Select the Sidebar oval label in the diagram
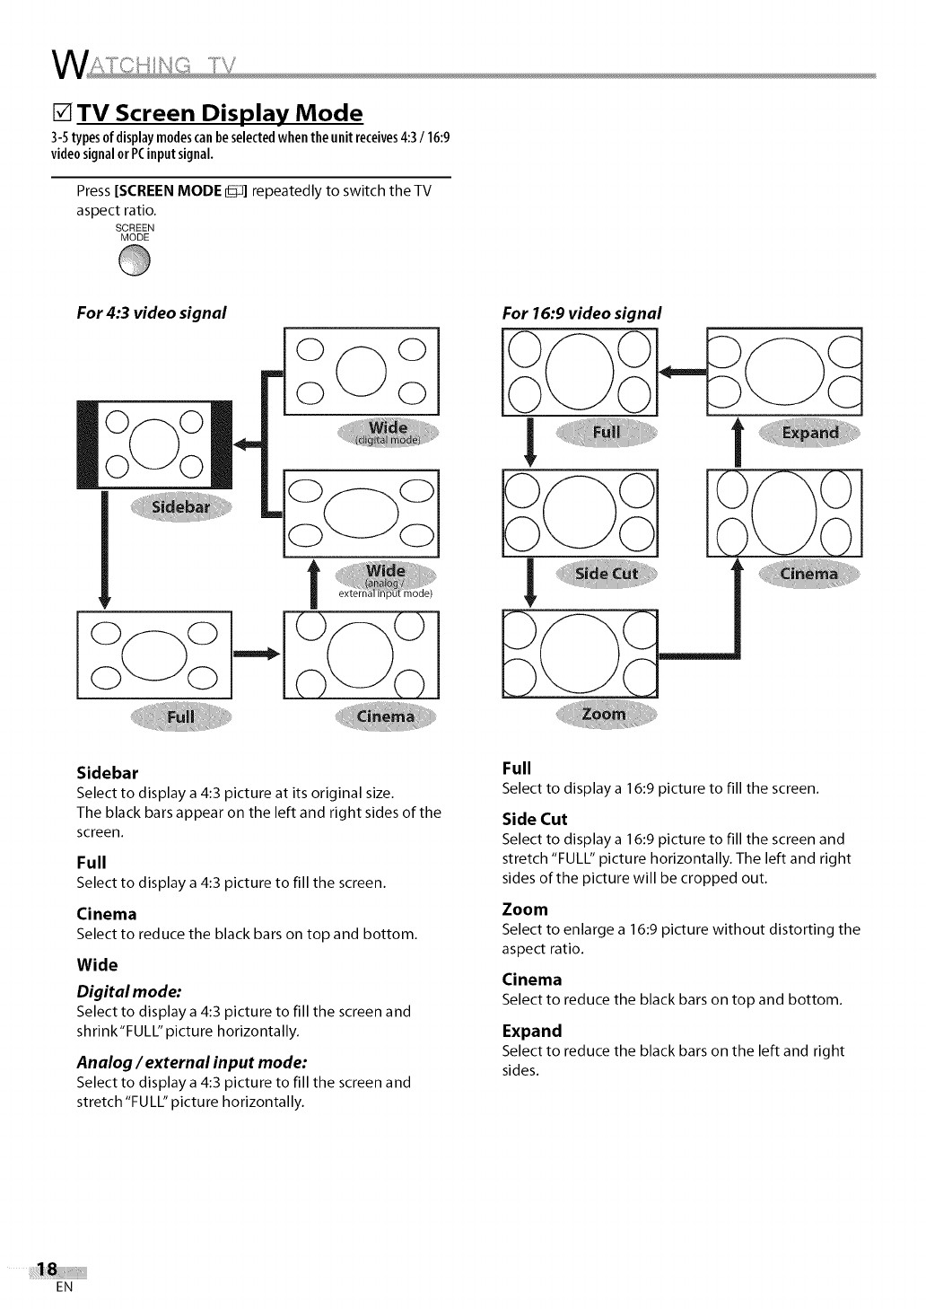coord(181,506)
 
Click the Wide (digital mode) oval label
coord(388,431)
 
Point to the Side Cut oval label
coord(606,575)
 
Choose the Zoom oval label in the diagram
coord(605,715)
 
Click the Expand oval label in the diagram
coord(809,433)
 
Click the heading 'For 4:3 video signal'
coord(151,312)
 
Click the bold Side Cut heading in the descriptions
coord(535,819)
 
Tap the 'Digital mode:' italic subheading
coord(129,991)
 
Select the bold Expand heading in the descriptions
coord(532,1030)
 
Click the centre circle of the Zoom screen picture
coord(580,653)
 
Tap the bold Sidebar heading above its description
coord(108,772)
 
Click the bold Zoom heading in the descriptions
coord(525,909)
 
